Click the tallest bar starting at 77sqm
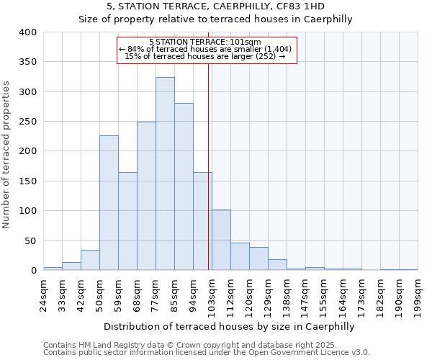165,174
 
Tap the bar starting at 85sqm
184,186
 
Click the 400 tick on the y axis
28,32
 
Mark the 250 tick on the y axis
28,122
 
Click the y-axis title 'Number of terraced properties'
7,154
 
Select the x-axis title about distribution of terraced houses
230,326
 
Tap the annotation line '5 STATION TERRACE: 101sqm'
205,42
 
